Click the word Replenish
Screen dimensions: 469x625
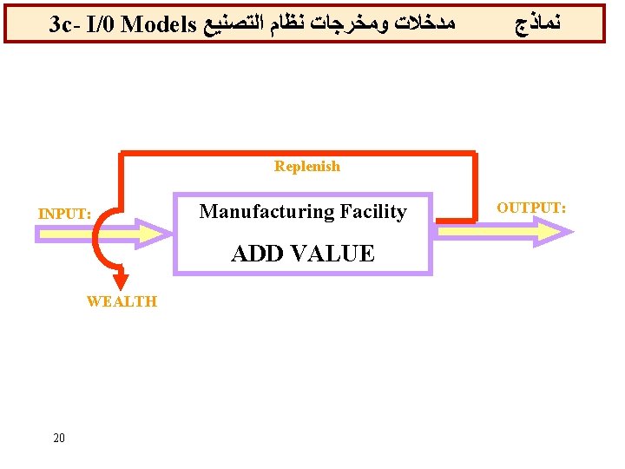pos(307,166)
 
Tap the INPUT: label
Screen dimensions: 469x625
pos(64,214)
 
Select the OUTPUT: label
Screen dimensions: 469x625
pos(531,208)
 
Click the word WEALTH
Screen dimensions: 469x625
pos(122,301)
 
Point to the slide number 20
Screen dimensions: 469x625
pos(59,438)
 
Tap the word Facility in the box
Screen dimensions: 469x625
pos(373,211)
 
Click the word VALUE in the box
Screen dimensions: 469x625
pos(334,254)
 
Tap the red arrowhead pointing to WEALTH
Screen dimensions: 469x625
pos(122,282)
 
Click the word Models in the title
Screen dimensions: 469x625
pos(160,24)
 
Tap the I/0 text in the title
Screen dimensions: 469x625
pos(102,24)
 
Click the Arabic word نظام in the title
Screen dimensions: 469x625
pos(306,24)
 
